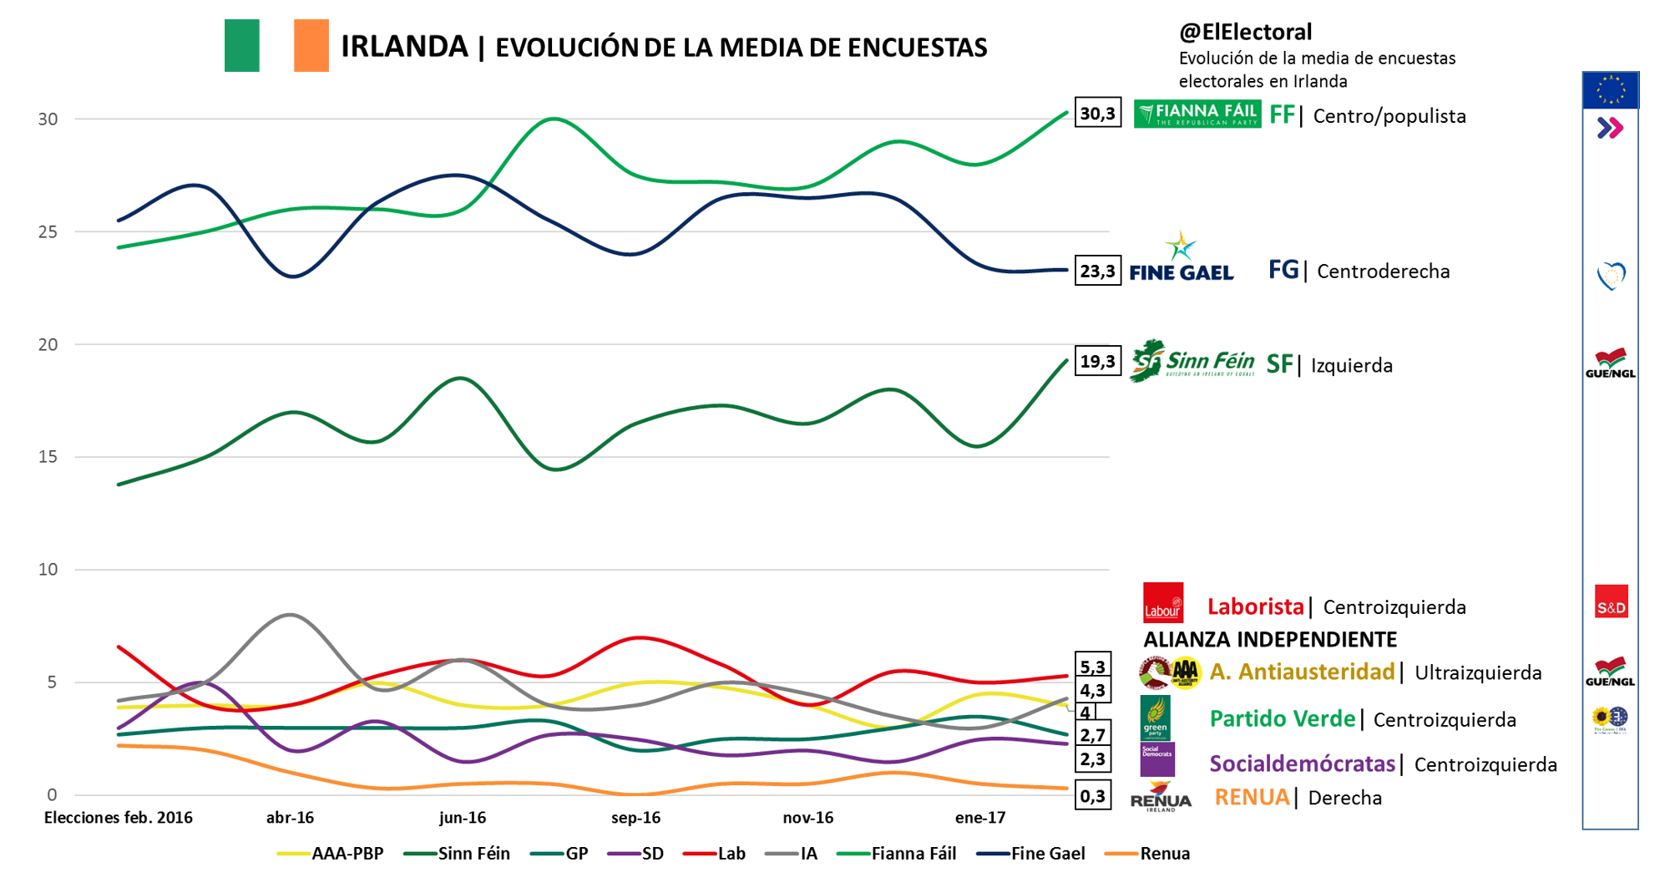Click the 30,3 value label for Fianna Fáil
(1097, 114)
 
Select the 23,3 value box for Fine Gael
(1097, 271)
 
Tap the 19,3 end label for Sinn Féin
(1097, 361)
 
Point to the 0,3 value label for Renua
(1092, 796)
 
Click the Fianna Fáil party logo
(1197, 114)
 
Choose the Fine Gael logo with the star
(1181, 258)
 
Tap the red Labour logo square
(1163, 603)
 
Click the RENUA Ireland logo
(1161, 797)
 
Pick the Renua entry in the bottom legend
(1147, 854)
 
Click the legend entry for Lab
(715, 854)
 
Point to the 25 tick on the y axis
(48, 231)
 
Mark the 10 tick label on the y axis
(48, 570)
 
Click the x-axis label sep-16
(635, 818)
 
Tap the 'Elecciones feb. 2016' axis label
(118, 818)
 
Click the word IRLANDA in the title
(404, 47)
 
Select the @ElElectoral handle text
(1245, 32)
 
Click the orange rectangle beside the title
(311, 46)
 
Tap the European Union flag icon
(1610, 90)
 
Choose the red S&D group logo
(1611, 602)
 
